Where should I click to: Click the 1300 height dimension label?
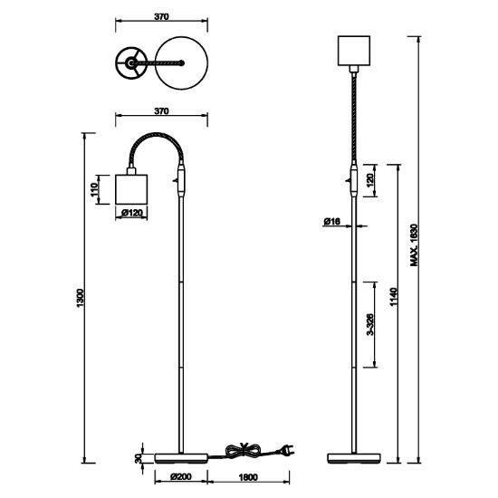[80, 298]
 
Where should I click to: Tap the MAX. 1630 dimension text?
[414, 244]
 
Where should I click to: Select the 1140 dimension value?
[394, 297]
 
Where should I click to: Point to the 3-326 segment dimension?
[370, 324]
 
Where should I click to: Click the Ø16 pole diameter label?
[332, 221]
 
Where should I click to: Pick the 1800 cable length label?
[248, 477]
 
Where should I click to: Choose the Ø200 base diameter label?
[181, 476]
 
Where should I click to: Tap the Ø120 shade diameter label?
[132, 213]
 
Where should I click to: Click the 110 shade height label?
[94, 189]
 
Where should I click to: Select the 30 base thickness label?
[139, 458]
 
